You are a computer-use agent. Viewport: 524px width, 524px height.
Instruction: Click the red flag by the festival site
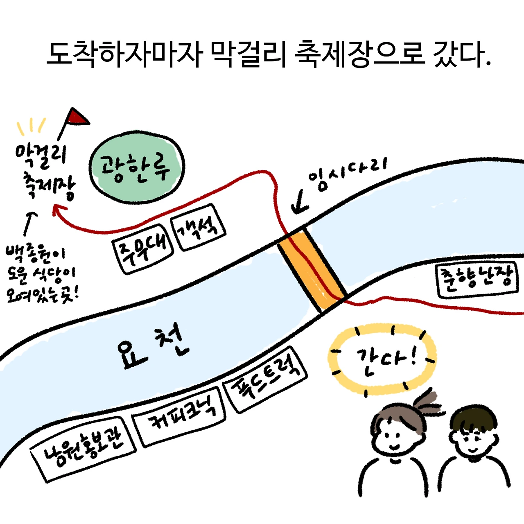tap(77, 117)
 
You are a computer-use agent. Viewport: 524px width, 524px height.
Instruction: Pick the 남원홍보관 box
tap(84, 448)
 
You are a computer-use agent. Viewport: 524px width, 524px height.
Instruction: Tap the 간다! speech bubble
tap(382, 360)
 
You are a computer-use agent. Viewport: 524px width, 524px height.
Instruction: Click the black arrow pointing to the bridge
tap(301, 202)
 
